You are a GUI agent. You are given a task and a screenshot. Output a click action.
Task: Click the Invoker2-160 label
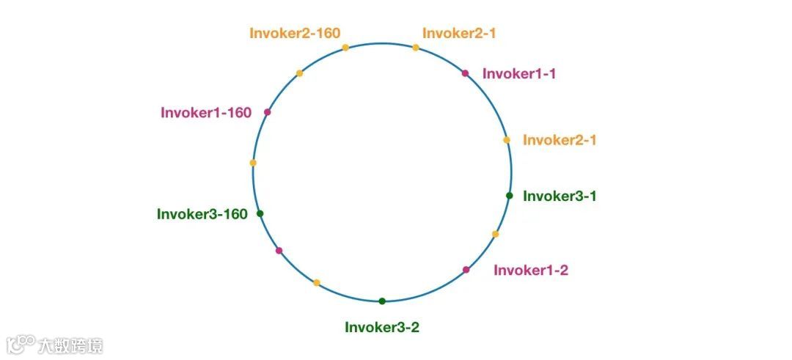click(295, 33)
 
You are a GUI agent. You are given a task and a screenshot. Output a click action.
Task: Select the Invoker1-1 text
click(518, 73)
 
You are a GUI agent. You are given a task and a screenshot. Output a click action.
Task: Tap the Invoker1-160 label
click(206, 112)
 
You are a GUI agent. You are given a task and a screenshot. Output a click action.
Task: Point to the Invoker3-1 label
click(559, 196)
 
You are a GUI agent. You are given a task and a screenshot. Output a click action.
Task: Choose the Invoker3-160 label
click(202, 214)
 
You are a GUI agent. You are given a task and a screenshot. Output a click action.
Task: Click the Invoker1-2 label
click(530, 270)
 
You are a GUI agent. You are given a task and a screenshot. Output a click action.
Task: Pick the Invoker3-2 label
click(382, 327)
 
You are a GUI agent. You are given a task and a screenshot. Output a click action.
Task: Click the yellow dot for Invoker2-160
click(345, 48)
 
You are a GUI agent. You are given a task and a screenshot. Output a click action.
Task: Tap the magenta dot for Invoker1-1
click(465, 73)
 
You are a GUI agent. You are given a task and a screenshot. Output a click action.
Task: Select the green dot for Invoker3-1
click(509, 195)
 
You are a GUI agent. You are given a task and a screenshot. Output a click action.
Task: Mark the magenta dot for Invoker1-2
click(466, 270)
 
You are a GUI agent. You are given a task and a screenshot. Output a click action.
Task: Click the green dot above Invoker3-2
click(382, 301)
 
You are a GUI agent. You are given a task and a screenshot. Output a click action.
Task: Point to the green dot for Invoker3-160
click(260, 213)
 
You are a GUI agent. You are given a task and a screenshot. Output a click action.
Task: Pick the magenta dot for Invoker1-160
click(268, 112)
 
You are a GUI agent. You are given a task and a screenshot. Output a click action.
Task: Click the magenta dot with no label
click(279, 251)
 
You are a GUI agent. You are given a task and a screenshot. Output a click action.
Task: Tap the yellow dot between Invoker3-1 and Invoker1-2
click(495, 234)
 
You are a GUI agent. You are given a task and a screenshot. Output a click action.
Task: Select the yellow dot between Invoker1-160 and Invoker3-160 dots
click(253, 163)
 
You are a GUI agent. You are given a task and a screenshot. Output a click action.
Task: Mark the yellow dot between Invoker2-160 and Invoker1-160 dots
click(299, 73)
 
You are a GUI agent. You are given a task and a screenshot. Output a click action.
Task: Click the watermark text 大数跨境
click(70, 345)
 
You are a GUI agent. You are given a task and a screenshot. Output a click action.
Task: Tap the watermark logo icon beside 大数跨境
click(21, 345)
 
